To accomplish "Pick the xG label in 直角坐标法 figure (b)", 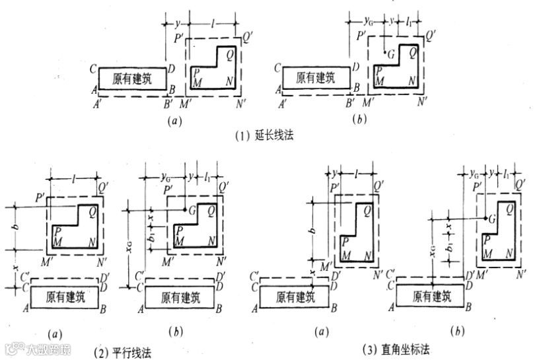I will click(430, 252).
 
